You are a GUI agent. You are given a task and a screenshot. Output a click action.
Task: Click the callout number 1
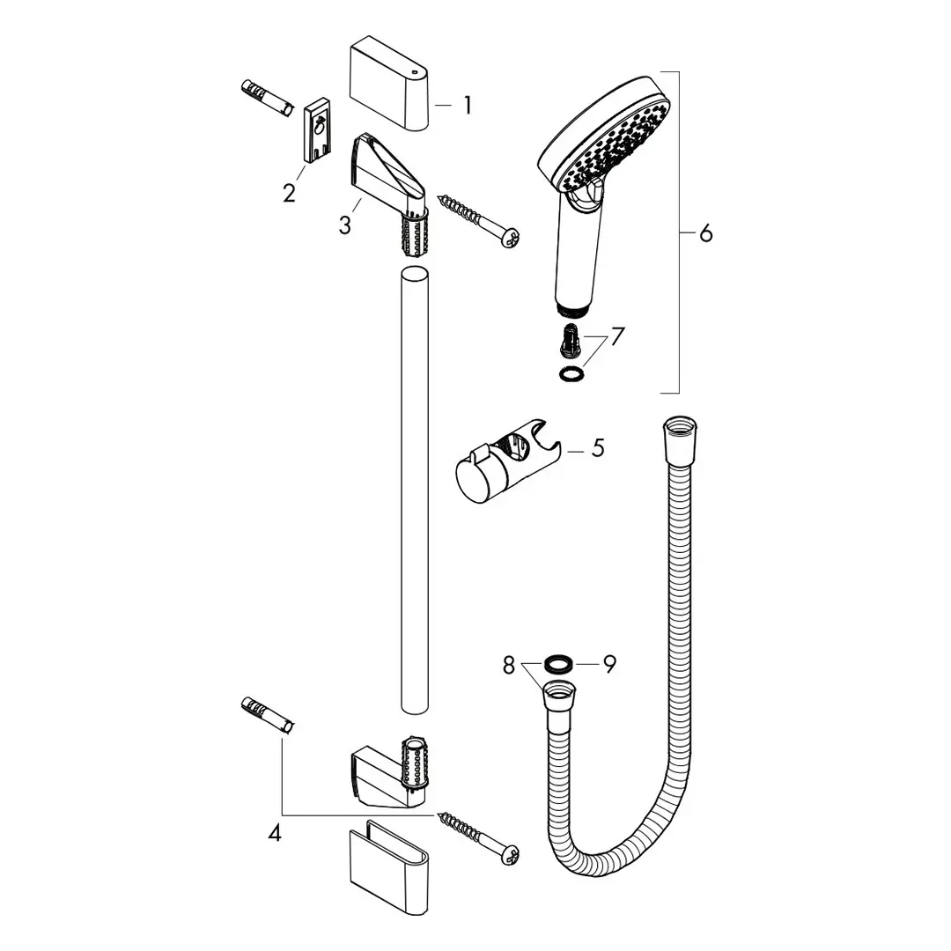468,106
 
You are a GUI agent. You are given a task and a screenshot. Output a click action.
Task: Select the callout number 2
289,193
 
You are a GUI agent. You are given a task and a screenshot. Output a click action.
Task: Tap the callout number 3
344,225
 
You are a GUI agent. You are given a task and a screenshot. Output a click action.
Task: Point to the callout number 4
275,832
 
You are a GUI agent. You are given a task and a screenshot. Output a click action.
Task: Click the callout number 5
598,448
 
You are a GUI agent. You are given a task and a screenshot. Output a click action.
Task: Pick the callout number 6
705,233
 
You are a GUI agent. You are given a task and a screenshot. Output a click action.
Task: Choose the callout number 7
616,335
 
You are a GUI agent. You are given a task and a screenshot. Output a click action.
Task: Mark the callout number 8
508,666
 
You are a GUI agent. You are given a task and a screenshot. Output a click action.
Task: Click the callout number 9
609,664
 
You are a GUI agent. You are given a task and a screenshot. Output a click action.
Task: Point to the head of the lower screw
509,853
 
